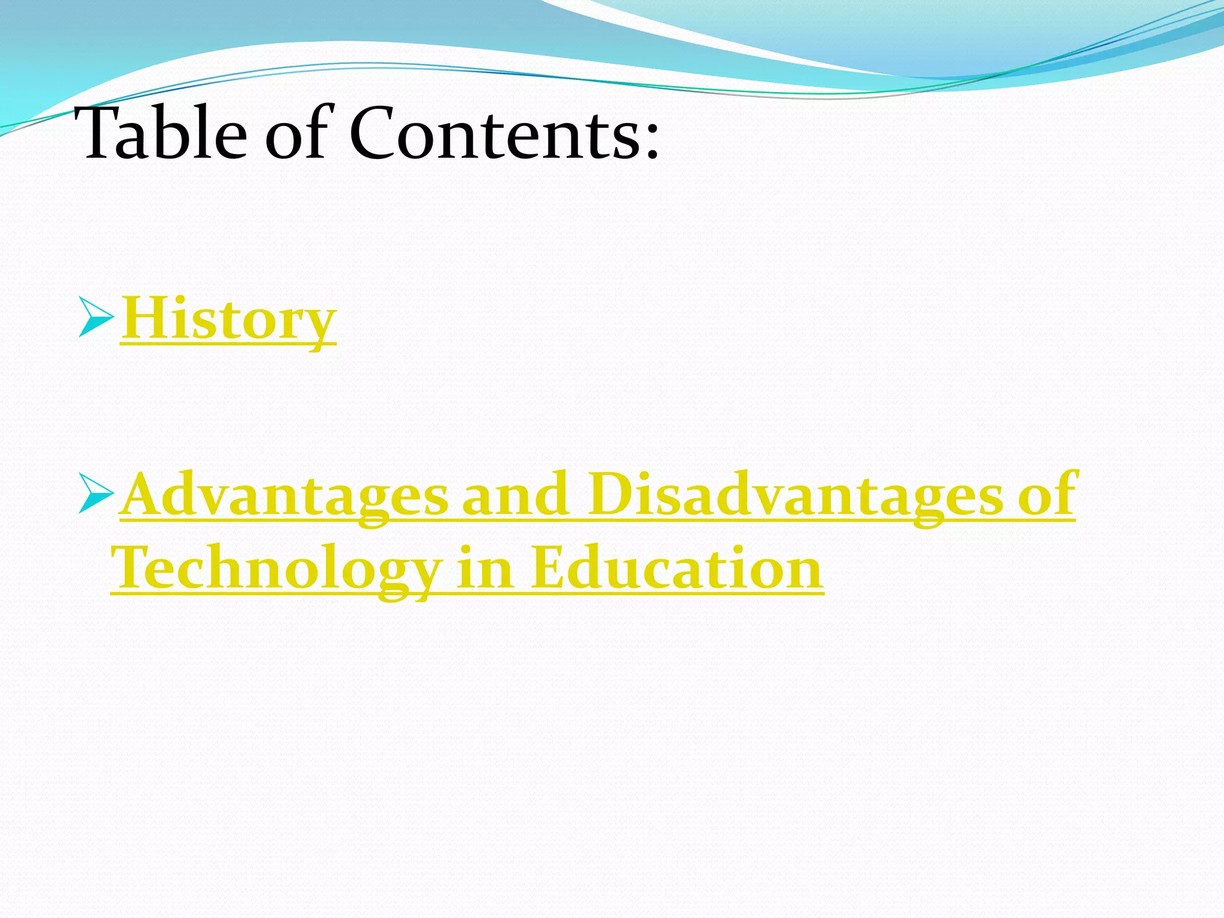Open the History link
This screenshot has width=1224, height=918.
[x=228, y=320]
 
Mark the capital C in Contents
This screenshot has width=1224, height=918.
[x=374, y=134]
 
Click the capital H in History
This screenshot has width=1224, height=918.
[x=144, y=317]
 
